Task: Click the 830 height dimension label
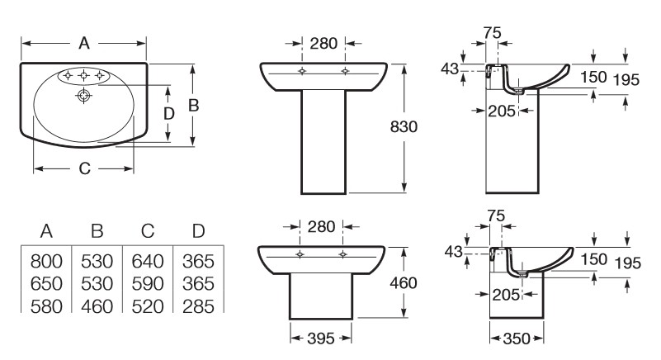pos(404,126)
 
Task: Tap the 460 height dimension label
pos(404,282)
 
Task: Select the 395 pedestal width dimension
pos(321,338)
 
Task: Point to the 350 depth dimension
pos(517,338)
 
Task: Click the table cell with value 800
pos(46,261)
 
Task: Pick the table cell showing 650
pos(46,283)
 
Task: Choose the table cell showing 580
pos(46,306)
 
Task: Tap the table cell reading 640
pos(148,261)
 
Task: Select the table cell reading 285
pos(198,306)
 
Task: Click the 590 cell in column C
pos(148,283)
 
